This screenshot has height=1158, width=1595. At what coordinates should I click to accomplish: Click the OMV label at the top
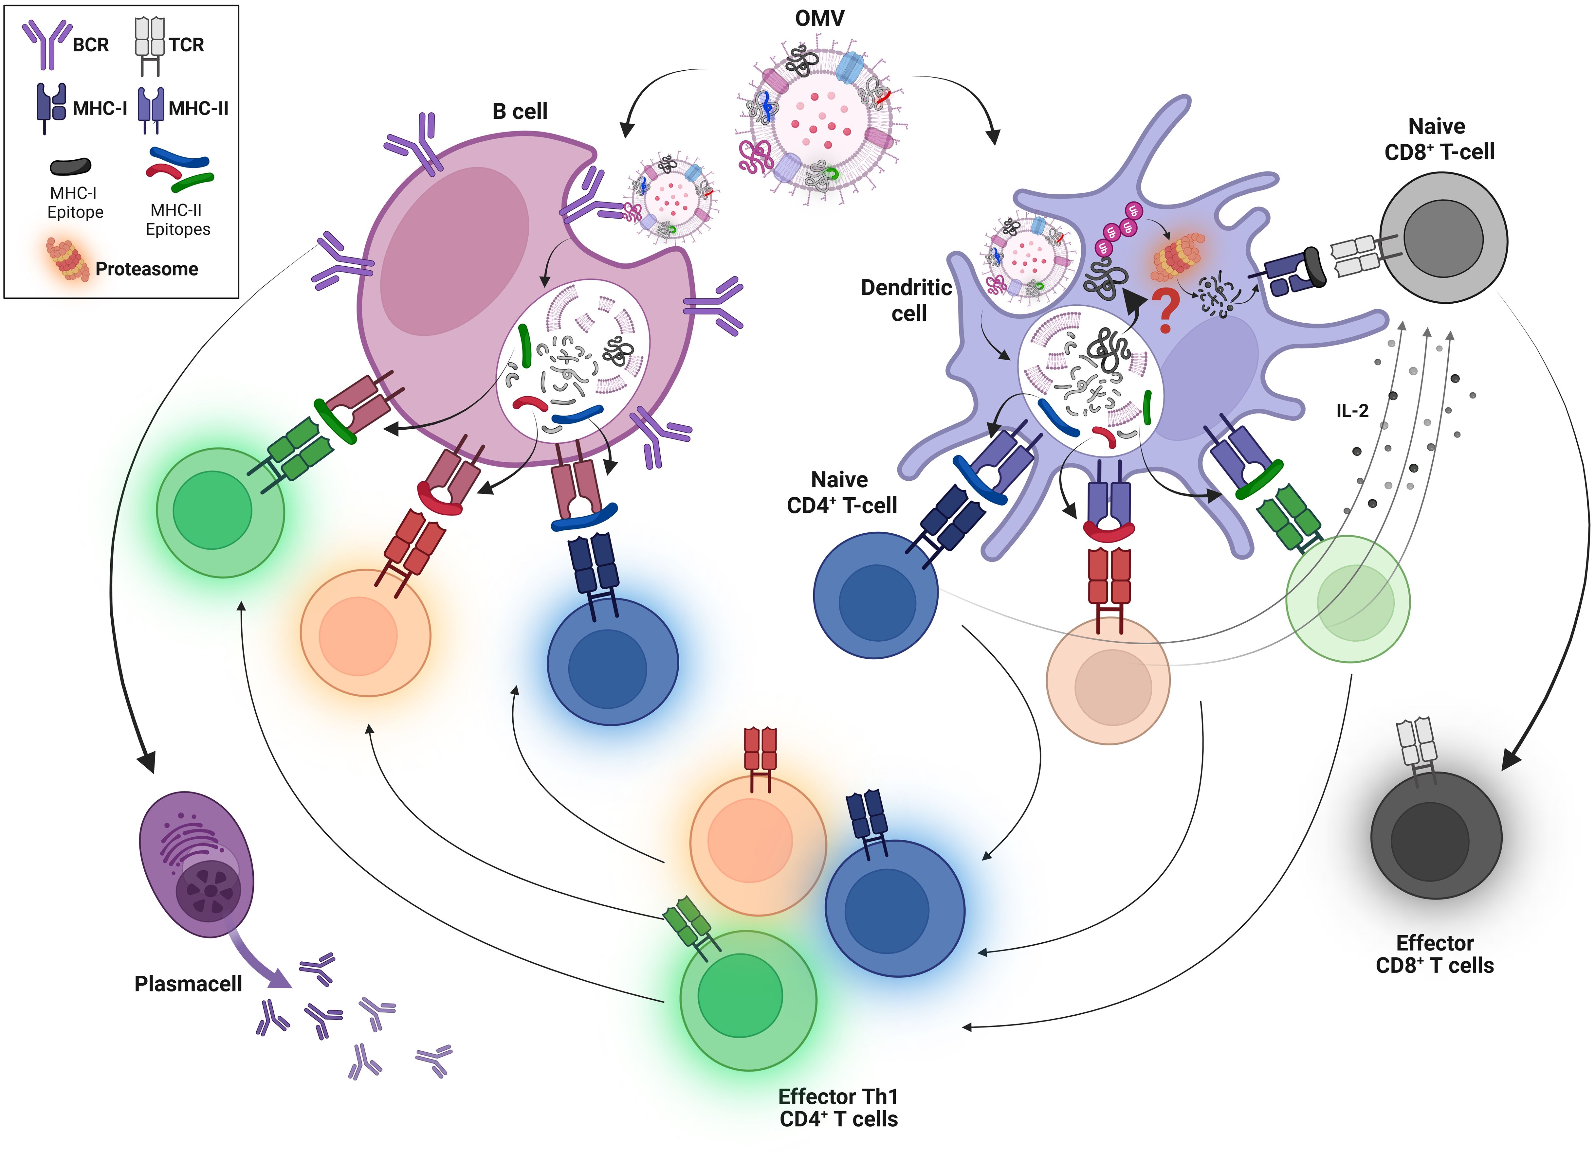coord(819,18)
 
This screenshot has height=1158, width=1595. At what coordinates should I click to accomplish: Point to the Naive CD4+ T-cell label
coord(842,492)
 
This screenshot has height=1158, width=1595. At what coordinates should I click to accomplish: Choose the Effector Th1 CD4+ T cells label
coord(838,1107)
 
